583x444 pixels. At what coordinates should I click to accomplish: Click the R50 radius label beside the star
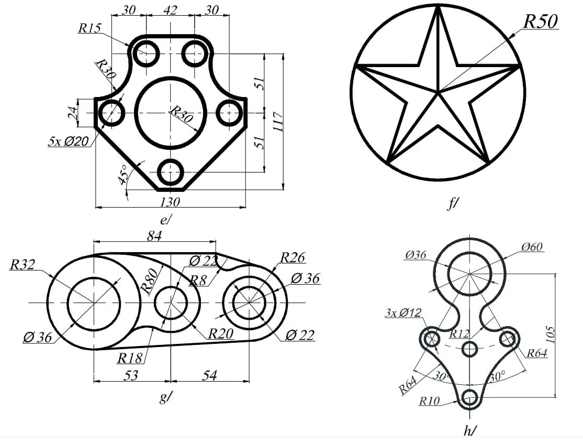click(x=541, y=20)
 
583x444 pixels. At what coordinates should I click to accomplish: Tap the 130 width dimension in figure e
click(x=170, y=202)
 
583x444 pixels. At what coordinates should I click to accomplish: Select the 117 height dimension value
click(x=277, y=122)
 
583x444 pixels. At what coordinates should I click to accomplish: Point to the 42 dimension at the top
click(x=170, y=10)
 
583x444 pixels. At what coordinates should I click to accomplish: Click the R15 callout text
click(x=89, y=28)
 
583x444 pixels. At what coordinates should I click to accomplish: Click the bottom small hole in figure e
click(x=170, y=172)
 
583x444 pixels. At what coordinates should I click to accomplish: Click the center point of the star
click(x=438, y=93)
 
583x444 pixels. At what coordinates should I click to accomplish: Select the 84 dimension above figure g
click(x=154, y=236)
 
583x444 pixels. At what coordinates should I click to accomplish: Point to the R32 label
click(x=22, y=265)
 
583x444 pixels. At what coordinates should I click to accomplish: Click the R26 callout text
click(x=293, y=257)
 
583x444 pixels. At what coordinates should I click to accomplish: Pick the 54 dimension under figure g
click(x=209, y=375)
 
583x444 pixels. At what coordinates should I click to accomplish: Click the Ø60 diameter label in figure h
click(x=532, y=246)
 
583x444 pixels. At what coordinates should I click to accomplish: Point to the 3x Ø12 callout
click(x=402, y=313)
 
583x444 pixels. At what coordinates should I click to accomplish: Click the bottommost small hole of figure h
click(x=470, y=398)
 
